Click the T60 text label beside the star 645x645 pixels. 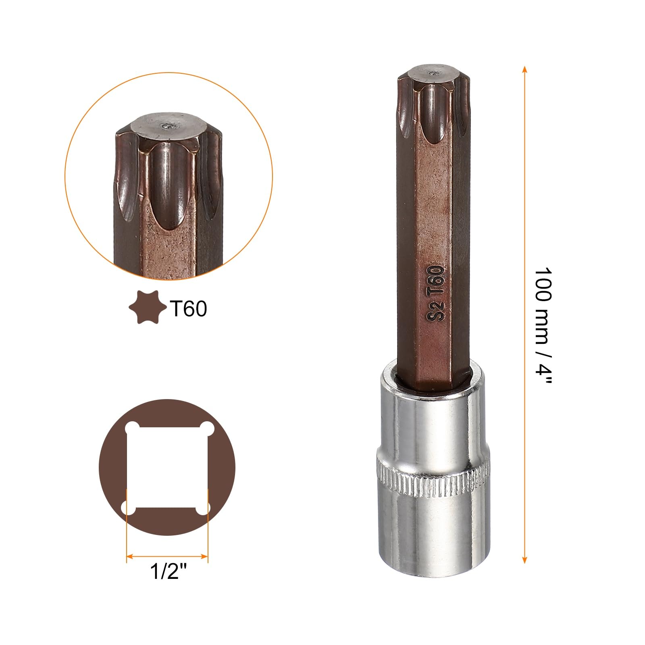189,309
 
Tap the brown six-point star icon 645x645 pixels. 148,308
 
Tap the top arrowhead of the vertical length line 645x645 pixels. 524,69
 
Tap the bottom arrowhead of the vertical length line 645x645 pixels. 524,559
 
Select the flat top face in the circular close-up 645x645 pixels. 169,128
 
